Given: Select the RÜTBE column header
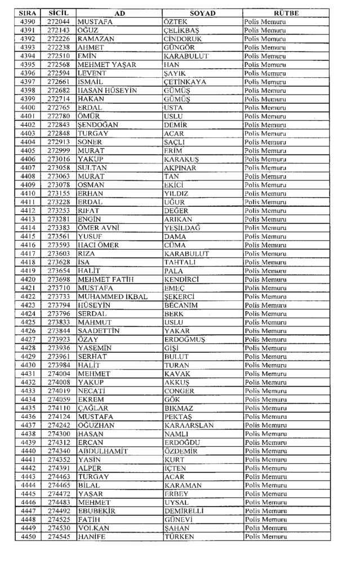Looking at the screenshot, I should [286, 13].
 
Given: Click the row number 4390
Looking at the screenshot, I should [28, 21].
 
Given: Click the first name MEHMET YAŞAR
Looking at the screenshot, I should [107, 65].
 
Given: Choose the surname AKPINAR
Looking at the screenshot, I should [180, 167].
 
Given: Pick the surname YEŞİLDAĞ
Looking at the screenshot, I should [182, 228].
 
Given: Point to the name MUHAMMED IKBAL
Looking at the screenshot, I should [113, 296].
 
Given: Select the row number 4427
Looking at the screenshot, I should [28, 339].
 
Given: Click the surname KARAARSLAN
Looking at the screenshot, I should [189, 425].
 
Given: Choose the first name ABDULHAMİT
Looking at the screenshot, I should [103, 451].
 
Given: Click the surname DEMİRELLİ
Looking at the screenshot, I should [184, 511].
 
